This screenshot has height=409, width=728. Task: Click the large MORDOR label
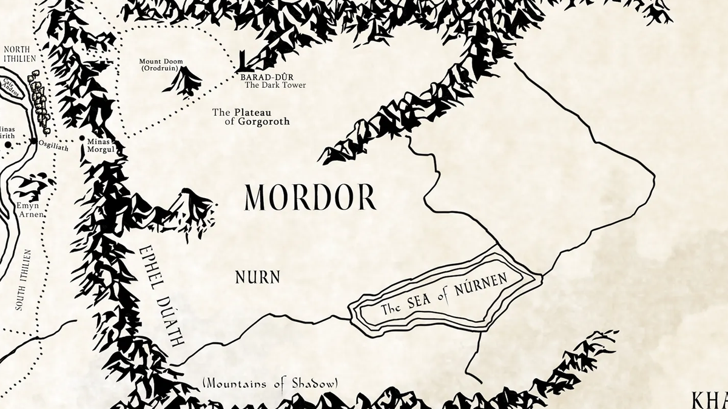point(310,198)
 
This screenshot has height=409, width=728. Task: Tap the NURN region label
point(258,278)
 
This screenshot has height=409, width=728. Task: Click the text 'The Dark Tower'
point(275,85)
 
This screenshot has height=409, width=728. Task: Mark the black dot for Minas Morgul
point(83,139)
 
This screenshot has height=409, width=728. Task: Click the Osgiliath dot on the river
point(33,142)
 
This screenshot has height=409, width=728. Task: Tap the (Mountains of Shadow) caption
point(271,383)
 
